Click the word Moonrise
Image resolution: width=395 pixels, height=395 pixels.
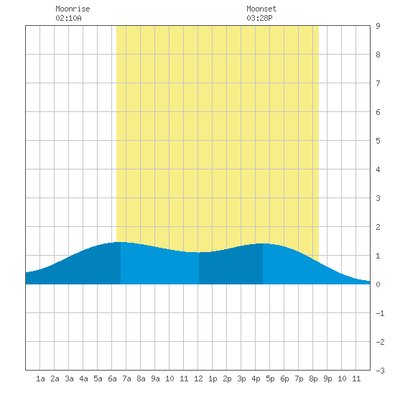[x=73, y=9]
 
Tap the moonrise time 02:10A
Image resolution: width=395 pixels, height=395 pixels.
[x=68, y=18]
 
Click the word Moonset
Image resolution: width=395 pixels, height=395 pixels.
[x=261, y=9]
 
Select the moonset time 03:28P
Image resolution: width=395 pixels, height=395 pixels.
[x=259, y=18]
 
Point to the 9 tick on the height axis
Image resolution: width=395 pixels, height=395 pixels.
[x=378, y=26]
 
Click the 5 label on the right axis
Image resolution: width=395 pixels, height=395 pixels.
[x=378, y=141]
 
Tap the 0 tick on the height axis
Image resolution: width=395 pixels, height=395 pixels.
[x=378, y=284]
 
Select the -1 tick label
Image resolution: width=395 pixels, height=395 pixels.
[x=380, y=313]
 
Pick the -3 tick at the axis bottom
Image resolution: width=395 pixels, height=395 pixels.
[x=380, y=371]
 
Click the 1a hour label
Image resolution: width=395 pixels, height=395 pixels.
[x=40, y=378]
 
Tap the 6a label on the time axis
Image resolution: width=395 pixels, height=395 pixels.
[x=112, y=378]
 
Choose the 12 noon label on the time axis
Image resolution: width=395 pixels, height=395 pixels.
[x=198, y=378]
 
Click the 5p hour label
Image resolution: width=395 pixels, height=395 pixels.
[x=270, y=378]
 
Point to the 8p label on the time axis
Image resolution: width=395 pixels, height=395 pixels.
[x=313, y=378]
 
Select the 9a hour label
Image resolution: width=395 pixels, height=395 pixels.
[x=155, y=378]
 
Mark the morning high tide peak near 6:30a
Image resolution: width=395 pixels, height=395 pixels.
[x=121, y=242]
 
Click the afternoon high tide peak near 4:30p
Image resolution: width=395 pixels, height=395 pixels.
[x=263, y=243]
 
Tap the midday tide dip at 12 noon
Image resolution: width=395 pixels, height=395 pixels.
[x=198, y=252]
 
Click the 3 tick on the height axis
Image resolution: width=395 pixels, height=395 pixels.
[x=378, y=198]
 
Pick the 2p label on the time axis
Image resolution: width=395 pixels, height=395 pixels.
[x=227, y=378]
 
